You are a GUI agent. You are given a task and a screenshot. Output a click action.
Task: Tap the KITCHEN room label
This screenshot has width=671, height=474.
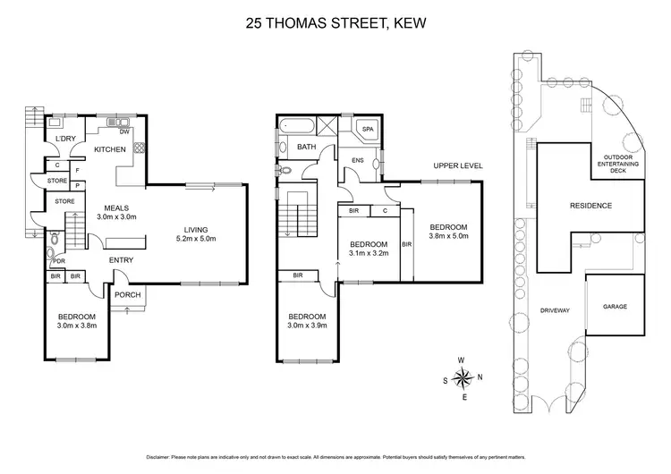click(x=110, y=149)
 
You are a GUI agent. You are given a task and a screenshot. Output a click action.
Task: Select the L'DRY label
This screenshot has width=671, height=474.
click(x=64, y=140)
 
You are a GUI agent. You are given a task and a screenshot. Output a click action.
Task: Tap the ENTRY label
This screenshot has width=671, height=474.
click(x=121, y=260)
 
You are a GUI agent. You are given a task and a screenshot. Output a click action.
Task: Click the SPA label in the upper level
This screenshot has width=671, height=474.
click(x=368, y=130)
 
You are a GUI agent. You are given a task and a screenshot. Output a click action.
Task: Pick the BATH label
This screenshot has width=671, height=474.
click(x=307, y=147)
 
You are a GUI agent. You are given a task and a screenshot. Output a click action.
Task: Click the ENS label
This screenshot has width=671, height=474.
click(x=356, y=161)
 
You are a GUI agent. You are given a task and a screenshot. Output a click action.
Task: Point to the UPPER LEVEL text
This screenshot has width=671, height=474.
click(x=458, y=165)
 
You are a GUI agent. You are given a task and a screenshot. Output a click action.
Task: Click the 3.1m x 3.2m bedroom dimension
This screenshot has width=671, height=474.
click(x=368, y=254)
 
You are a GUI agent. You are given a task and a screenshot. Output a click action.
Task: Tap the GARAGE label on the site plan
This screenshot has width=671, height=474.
click(x=614, y=307)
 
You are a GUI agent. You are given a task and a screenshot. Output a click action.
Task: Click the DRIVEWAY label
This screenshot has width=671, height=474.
click(x=555, y=310)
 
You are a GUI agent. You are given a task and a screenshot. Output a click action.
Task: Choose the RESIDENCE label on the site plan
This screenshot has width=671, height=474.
click(x=590, y=206)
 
